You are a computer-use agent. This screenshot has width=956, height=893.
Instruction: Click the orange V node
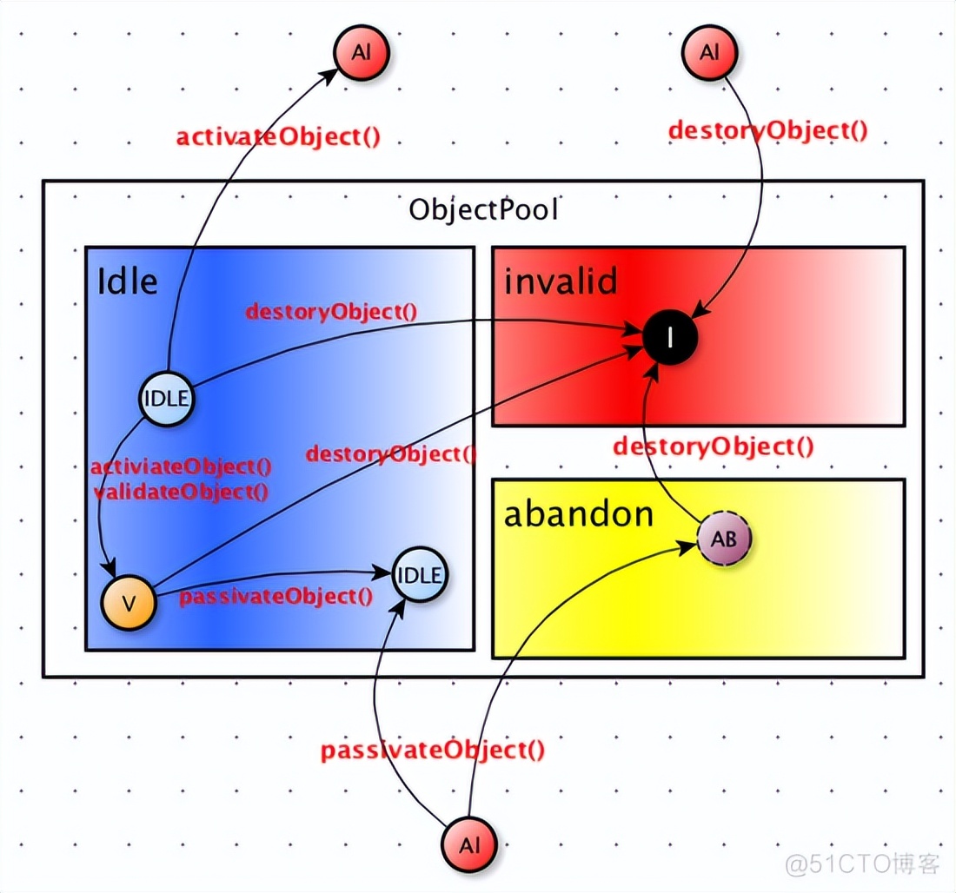click(129, 601)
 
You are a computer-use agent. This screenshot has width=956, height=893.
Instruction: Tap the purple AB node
click(724, 539)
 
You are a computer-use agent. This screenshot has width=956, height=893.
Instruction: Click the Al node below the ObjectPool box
click(469, 843)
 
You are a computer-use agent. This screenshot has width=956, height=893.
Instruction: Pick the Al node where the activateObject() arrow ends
click(362, 52)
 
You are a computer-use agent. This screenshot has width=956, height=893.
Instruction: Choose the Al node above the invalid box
click(710, 52)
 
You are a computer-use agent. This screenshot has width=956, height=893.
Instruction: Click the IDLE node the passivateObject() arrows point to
click(420, 574)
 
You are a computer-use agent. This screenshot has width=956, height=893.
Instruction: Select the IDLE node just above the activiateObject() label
click(166, 400)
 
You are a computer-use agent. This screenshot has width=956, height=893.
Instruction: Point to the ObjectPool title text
click(484, 210)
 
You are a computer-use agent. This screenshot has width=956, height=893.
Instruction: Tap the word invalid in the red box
click(560, 281)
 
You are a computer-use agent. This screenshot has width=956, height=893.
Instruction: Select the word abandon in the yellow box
click(579, 514)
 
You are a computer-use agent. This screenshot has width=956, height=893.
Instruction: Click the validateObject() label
click(181, 491)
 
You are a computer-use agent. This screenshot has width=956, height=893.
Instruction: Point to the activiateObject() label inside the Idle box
click(181, 467)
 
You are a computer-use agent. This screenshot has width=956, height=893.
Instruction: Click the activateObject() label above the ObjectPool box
click(278, 137)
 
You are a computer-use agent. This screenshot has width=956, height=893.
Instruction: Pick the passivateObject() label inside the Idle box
click(276, 596)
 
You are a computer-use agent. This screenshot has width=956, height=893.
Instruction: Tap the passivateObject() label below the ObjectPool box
click(433, 751)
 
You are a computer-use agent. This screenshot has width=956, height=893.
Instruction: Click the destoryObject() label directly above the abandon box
click(713, 446)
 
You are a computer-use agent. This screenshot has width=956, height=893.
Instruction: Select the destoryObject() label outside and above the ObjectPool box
click(768, 130)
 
